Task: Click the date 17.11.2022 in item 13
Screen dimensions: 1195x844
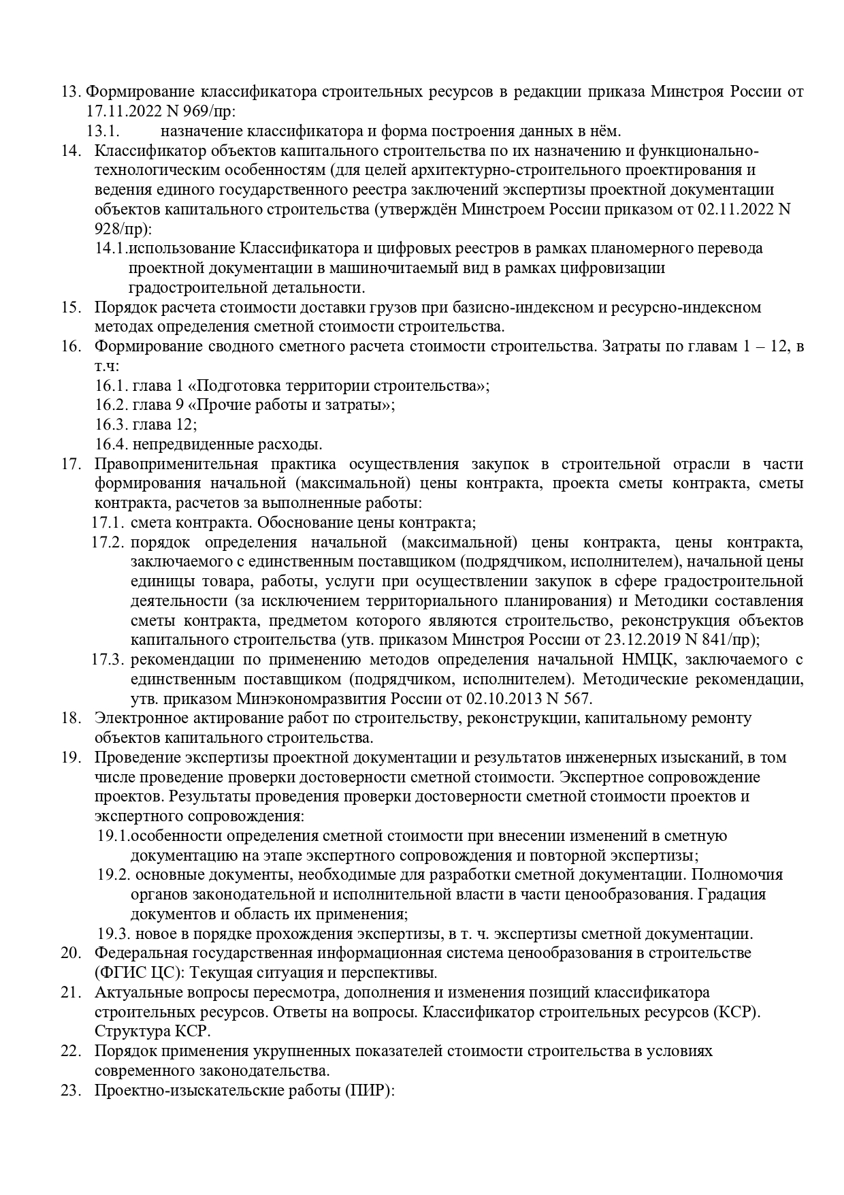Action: click(x=120, y=111)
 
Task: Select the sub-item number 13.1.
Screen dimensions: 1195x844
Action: click(x=103, y=131)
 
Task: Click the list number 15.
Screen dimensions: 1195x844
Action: click(x=71, y=307)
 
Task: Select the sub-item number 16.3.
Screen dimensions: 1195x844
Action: click(x=112, y=425)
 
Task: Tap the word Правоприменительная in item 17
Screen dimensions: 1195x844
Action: click(x=176, y=464)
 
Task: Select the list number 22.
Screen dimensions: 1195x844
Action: click(x=71, y=1051)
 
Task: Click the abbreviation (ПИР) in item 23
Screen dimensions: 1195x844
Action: click(x=370, y=1090)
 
